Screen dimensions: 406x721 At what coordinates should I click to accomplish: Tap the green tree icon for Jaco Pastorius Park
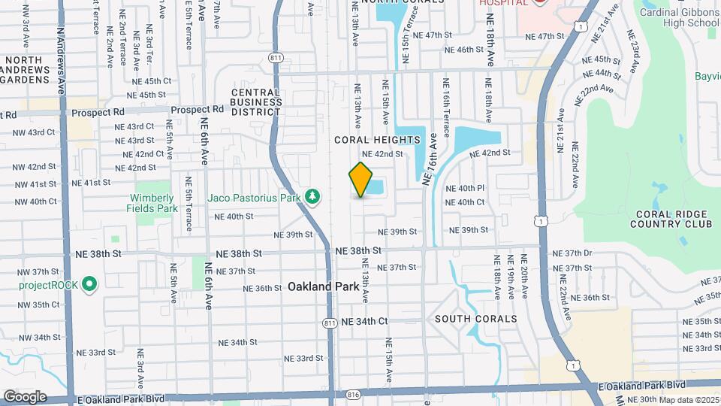click(x=313, y=197)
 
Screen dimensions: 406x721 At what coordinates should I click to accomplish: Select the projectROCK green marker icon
click(x=89, y=284)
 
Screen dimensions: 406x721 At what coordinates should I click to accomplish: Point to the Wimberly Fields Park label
click(x=152, y=203)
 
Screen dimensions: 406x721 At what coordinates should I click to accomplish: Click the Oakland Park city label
click(x=317, y=286)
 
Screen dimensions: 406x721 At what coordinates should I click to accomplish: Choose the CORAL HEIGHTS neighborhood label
click(x=376, y=140)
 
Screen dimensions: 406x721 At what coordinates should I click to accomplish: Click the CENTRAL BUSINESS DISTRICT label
click(x=255, y=102)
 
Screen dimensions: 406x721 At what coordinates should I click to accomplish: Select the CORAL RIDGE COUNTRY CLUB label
click(x=671, y=218)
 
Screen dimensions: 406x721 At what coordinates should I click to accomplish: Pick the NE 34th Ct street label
click(x=364, y=321)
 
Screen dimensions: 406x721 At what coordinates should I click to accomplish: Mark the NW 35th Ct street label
click(x=38, y=304)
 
